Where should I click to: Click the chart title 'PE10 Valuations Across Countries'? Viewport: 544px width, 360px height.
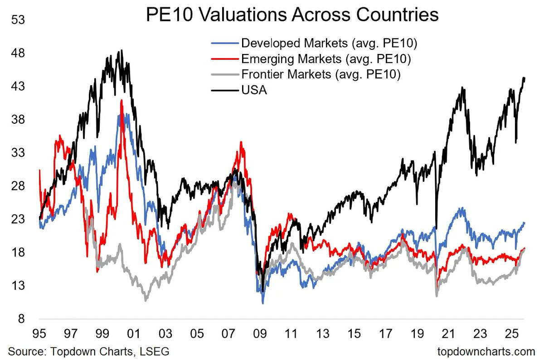coord(292,15)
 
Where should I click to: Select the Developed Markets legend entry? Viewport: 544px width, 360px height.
coord(314,43)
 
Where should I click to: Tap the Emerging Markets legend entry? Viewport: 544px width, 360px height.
coord(311,59)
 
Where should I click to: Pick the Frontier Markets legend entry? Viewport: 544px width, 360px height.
coord(306,74)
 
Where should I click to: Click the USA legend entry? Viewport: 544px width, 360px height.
coord(239,90)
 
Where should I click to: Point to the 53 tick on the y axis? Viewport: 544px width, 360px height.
coord(18,19)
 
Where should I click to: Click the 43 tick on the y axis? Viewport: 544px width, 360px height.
coord(18,86)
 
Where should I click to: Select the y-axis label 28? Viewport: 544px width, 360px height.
coord(18,186)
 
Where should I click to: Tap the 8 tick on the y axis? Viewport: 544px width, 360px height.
coord(21,319)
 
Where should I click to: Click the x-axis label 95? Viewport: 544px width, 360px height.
coord(39,334)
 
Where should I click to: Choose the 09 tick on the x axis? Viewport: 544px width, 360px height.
coord(260,334)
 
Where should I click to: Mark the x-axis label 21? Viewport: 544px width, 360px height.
coord(448,334)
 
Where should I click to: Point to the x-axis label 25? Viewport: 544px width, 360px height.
coord(511,334)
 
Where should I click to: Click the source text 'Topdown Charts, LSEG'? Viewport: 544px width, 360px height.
coord(110,351)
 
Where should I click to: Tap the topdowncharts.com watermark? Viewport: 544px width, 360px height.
coord(486,351)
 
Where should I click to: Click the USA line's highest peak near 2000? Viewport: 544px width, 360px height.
coord(121,50)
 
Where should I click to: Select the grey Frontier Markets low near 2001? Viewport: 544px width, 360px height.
coord(146,301)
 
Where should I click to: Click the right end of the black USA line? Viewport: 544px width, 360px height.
coord(525,78)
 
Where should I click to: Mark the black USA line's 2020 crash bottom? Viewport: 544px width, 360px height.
coord(437,229)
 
